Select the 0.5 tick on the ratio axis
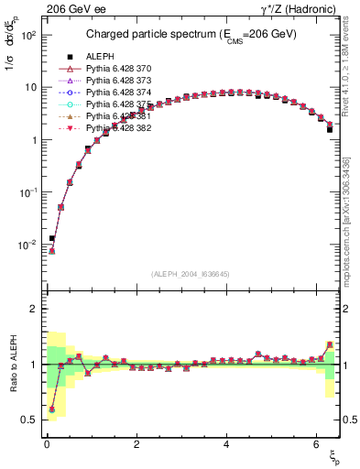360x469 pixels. click(28, 420)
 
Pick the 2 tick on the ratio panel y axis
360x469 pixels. click(32, 309)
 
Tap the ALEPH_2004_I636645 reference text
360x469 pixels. click(191, 275)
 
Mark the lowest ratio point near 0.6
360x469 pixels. click(52, 409)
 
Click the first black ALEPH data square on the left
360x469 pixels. click(52, 238)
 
